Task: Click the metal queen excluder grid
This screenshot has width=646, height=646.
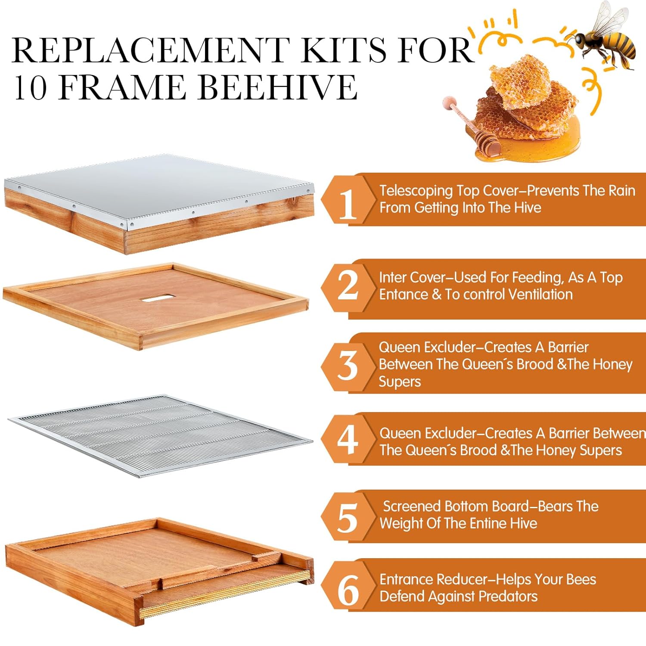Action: click(159, 435)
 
